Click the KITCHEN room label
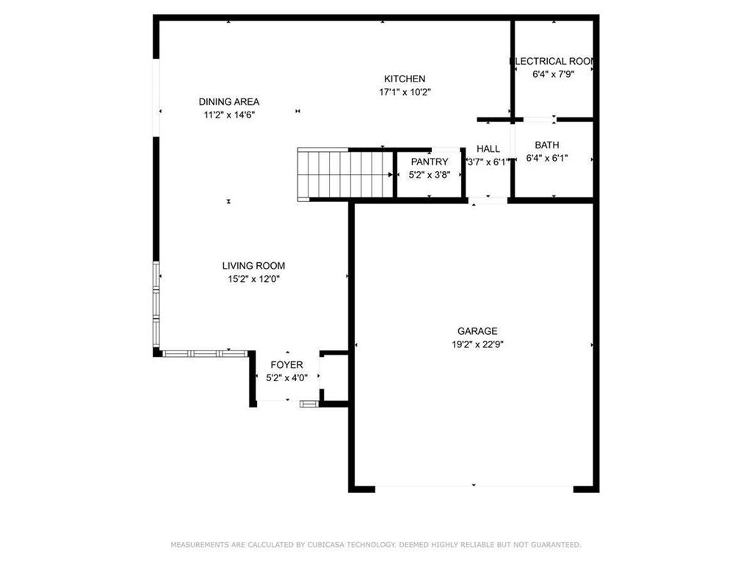pyautogui.click(x=405, y=79)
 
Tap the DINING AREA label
pyautogui.click(x=229, y=101)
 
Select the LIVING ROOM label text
pyautogui.click(x=253, y=266)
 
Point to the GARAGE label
pyautogui.click(x=477, y=331)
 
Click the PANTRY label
pyautogui.click(x=429, y=162)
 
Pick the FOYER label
pyautogui.click(x=287, y=365)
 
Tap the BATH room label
pyautogui.click(x=546, y=145)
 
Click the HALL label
pyautogui.click(x=488, y=148)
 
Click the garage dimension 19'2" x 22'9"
pyautogui.click(x=477, y=344)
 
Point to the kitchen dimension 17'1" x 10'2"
pyautogui.click(x=405, y=92)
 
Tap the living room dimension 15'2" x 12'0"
pyautogui.click(x=253, y=279)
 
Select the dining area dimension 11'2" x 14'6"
pyautogui.click(x=229, y=115)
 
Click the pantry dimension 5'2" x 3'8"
pyautogui.click(x=429, y=175)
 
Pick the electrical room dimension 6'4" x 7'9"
pyautogui.click(x=553, y=74)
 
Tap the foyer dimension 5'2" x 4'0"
pyautogui.click(x=287, y=378)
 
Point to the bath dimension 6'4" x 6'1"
pyautogui.click(x=546, y=159)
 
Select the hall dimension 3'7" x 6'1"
pyautogui.click(x=488, y=162)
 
